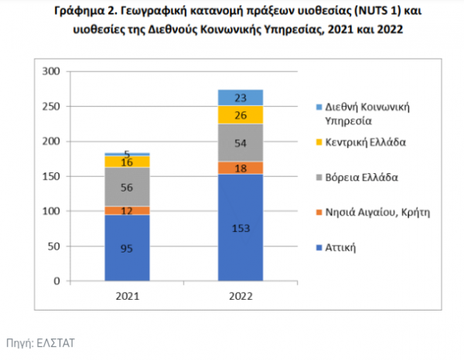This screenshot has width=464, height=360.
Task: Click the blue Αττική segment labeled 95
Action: pos(127,248)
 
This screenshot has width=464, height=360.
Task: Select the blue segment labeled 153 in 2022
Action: pos(240,227)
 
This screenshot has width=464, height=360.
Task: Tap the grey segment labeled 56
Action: pos(127,187)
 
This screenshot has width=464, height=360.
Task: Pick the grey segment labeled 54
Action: pos(240,143)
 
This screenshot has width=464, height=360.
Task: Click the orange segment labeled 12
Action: pos(127,211)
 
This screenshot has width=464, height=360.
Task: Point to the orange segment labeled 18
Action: pos(240,168)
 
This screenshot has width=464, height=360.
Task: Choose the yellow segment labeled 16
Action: pos(127,161)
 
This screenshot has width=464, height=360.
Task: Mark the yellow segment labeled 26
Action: pos(240,115)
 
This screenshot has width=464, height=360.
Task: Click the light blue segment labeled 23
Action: pos(240,97)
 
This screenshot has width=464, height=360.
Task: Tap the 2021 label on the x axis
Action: pos(127,295)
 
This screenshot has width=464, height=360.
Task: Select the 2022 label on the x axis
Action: pos(240,295)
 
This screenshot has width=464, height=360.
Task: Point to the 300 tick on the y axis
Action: pos(51,72)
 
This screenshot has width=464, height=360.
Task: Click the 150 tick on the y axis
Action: pos(51,176)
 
